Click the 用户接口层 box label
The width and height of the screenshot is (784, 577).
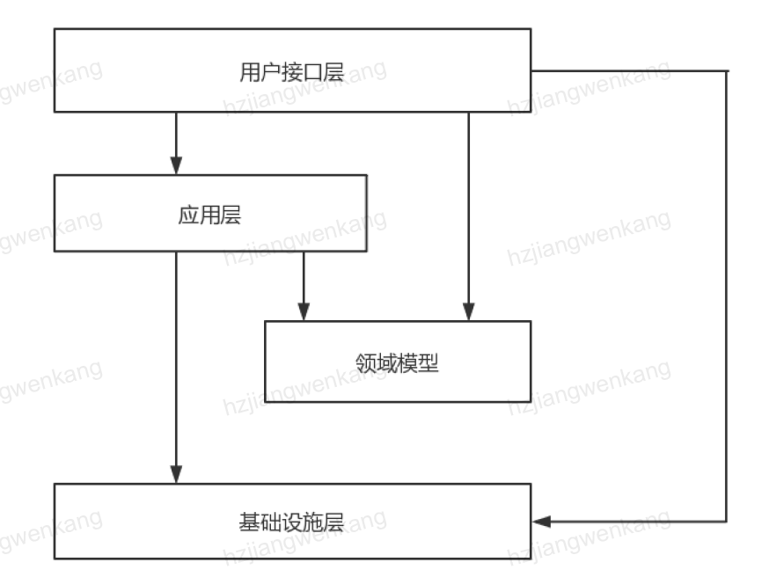tap(291, 71)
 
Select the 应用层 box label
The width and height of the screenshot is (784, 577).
tap(209, 215)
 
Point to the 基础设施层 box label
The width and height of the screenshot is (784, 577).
tap(291, 522)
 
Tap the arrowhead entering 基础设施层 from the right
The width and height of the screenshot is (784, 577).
tap(541, 522)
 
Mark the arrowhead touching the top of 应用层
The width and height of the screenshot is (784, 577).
tap(176, 166)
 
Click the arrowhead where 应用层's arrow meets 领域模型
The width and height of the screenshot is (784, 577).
tap(304, 312)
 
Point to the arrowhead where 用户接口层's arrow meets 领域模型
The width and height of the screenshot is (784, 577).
tap(468, 312)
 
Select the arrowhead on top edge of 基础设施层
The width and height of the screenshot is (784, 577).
tap(176, 475)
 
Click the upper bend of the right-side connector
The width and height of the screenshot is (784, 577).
tap(727, 70)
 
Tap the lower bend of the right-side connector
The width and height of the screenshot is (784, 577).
tap(727, 522)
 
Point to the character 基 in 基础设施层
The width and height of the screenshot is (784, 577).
tap(249, 522)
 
